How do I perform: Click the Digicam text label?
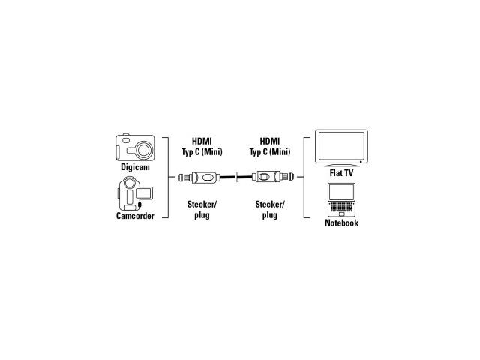(135, 167)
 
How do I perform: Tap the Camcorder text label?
(135, 216)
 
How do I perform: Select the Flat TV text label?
(341, 173)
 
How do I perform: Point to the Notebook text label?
(341, 223)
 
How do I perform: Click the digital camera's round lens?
(143, 150)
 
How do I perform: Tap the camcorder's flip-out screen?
(144, 193)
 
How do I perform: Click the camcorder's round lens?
(130, 183)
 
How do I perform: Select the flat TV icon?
(342, 148)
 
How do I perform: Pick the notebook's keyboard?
(341, 206)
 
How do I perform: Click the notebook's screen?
(342, 192)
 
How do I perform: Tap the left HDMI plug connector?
(199, 177)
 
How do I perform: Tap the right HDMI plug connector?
(273, 177)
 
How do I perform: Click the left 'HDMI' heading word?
(202, 142)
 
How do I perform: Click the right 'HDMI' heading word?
(270, 142)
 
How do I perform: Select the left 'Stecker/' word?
(202, 204)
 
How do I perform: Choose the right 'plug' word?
(270, 215)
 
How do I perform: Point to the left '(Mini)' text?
(211, 151)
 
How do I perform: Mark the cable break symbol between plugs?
(236, 177)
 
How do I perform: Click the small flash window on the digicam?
(126, 140)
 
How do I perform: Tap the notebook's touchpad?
(342, 214)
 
